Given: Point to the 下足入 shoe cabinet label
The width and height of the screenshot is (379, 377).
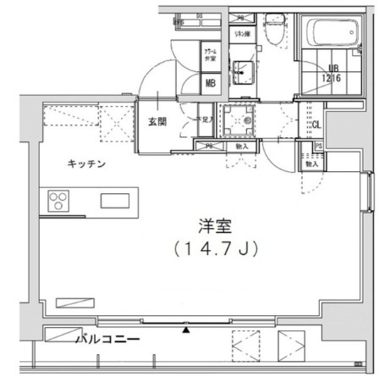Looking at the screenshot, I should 204,121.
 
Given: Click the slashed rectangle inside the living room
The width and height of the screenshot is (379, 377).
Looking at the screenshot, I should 77,302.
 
